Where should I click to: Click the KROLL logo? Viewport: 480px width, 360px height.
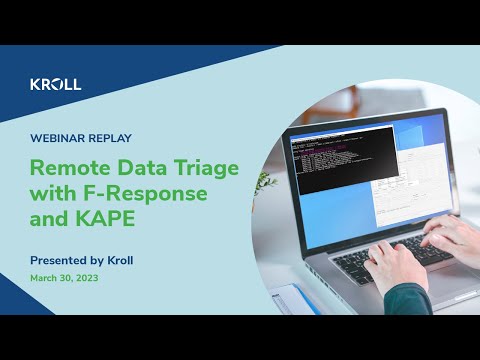[56, 85]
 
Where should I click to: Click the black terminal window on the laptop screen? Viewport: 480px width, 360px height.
[330, 160]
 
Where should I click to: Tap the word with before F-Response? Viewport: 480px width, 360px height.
[52, 193]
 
